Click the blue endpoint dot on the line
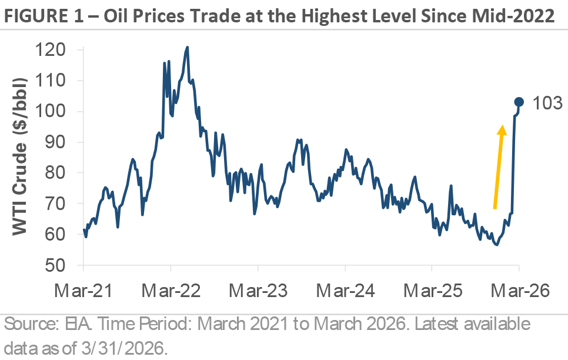[x=519, y=102]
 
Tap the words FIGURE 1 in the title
[x=38, y=16]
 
